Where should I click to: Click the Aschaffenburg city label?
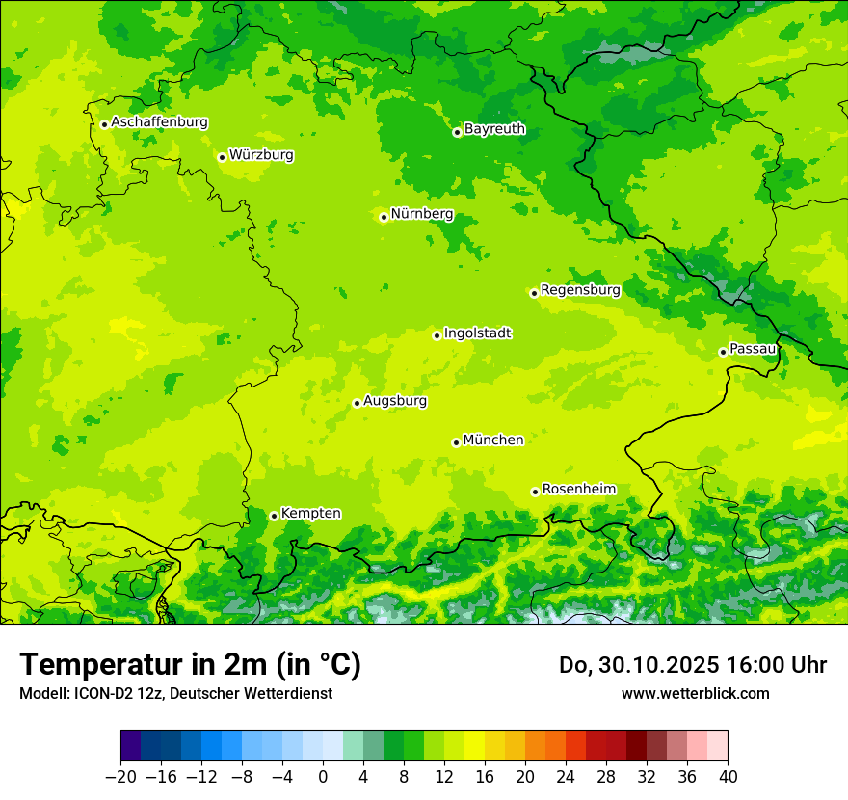159,122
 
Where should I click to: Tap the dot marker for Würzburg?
222,157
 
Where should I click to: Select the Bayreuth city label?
494,129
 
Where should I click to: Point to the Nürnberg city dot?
384,217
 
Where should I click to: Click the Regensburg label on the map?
580,290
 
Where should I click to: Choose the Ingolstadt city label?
477,333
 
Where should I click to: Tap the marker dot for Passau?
723,352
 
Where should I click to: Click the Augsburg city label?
395,401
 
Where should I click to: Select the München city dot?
456,442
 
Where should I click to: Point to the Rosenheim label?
578,490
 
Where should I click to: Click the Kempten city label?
310,514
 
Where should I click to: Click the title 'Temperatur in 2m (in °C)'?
190,665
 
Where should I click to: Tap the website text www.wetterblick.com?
695,693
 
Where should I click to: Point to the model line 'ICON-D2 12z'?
106,693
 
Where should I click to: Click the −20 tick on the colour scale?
120,777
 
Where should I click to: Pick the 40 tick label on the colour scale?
728,777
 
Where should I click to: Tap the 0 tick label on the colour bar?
323,777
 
